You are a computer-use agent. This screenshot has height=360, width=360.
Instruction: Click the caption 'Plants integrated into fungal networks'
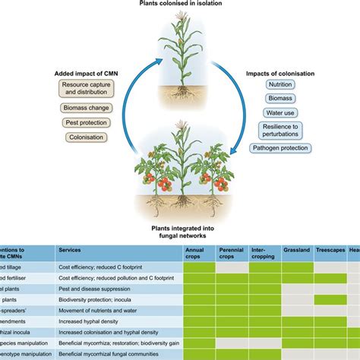(x=180, y=231)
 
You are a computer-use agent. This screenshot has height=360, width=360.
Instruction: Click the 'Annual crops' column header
(x=197, y=253)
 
